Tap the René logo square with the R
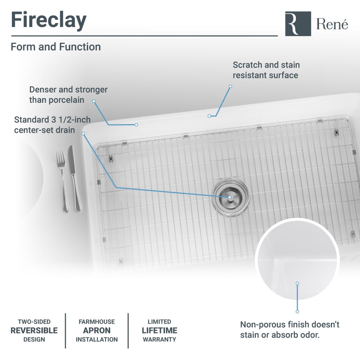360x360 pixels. tap(298, 24)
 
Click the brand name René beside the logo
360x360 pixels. tap(332, 24)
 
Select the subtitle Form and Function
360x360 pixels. tap(56, 47)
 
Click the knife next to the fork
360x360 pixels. tap(75, 178)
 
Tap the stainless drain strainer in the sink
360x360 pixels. tap(230, 197)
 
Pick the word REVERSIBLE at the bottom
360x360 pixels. tap(34, 330)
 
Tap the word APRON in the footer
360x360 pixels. tap(97, 330)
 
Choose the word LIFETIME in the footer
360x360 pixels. tap(159, 330)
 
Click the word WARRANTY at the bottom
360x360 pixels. tap(159, 339)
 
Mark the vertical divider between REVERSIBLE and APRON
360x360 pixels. tap(66, 330)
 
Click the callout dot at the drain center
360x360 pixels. tap(229, 197)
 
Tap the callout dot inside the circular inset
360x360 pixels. tap(297, 283)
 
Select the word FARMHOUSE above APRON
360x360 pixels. tap(97, 321)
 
